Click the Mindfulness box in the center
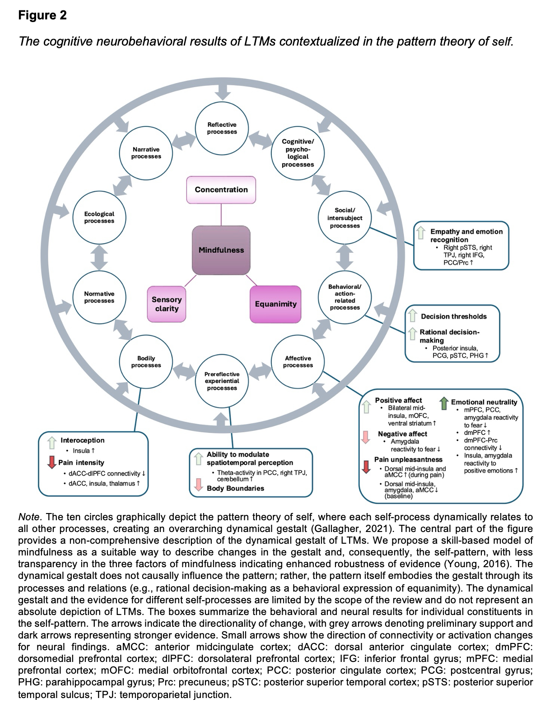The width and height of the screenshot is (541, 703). pos(221,250)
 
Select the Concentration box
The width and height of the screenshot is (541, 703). pos(221,190)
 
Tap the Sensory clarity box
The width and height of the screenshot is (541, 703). pos(167,304)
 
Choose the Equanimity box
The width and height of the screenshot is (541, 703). pos(275,304)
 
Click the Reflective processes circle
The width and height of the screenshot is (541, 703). pos(222,128)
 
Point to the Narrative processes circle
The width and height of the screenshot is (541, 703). pos(146,153)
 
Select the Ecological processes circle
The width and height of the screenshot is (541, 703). pos(99,217)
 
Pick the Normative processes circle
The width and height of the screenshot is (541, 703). pos(99,297)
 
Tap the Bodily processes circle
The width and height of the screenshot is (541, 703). pos(146,362)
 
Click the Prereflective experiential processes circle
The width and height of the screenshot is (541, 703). pos(222,381)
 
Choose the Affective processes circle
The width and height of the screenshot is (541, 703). pos(298,362)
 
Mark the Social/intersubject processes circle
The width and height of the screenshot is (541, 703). pos(345,218)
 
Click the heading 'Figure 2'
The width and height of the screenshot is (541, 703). pos(42,15)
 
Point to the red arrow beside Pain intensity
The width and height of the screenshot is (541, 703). pos(52,462)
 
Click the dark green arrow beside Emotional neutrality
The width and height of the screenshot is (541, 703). pos(444,402)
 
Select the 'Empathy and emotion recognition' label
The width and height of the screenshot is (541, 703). pos(466,236)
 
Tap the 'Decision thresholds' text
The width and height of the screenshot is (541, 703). pos(453,316)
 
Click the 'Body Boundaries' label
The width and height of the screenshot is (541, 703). pos(235,488)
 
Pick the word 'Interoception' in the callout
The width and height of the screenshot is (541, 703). pos(83,440)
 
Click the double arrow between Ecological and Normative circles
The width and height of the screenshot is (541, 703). pos(99,258)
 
